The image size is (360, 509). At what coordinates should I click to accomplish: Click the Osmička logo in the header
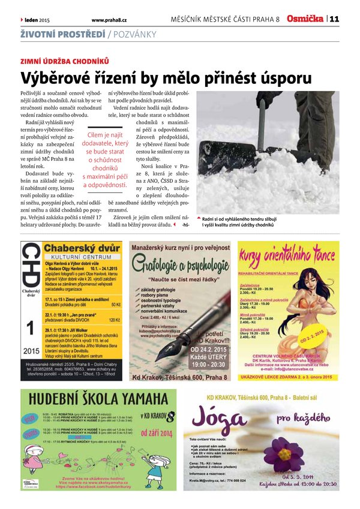point(305,19)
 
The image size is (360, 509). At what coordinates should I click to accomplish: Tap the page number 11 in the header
point(334,19)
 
